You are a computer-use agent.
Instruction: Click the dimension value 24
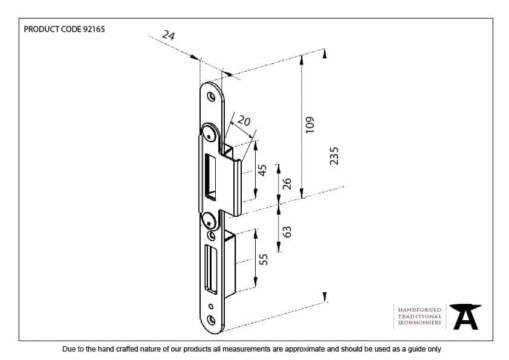pos(169,36)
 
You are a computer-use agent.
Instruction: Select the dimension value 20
pos(244,121)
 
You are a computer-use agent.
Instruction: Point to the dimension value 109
pos(310,124)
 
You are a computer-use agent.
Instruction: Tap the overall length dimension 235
pos(334,155)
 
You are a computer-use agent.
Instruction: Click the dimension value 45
pos(262,170)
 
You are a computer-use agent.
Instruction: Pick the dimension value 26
pos(287,184)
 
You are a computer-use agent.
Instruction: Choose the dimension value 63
pos(287,231)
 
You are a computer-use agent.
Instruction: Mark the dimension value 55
pos(263,260)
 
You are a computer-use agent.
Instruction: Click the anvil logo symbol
pos(465,317)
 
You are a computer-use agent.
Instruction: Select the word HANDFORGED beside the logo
pos(420,310)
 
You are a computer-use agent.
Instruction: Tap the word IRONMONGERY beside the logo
pos(420,324)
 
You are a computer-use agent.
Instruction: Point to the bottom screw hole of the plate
pos(211,320)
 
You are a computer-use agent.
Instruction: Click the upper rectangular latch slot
pos(210,176)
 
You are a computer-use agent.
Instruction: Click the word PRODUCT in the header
pos(41,29)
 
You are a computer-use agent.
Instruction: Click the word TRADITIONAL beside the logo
pos(420,317)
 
